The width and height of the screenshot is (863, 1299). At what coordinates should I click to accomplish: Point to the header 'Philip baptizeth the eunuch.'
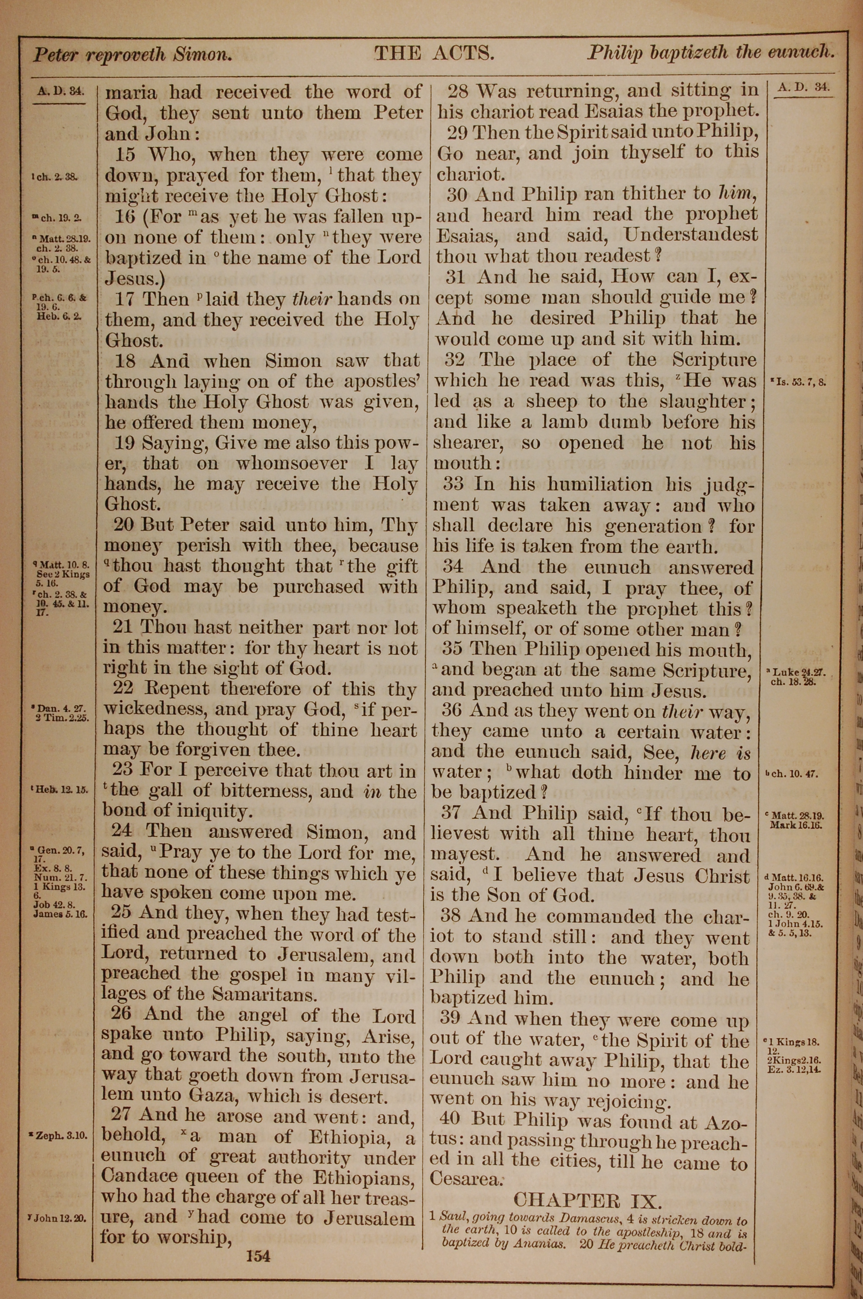[711, 52]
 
